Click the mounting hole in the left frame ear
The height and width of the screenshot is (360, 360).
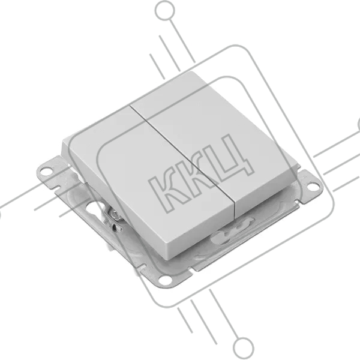click(x=46, y=171)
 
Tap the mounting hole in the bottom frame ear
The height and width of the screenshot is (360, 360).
click(x=165, y=280)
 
